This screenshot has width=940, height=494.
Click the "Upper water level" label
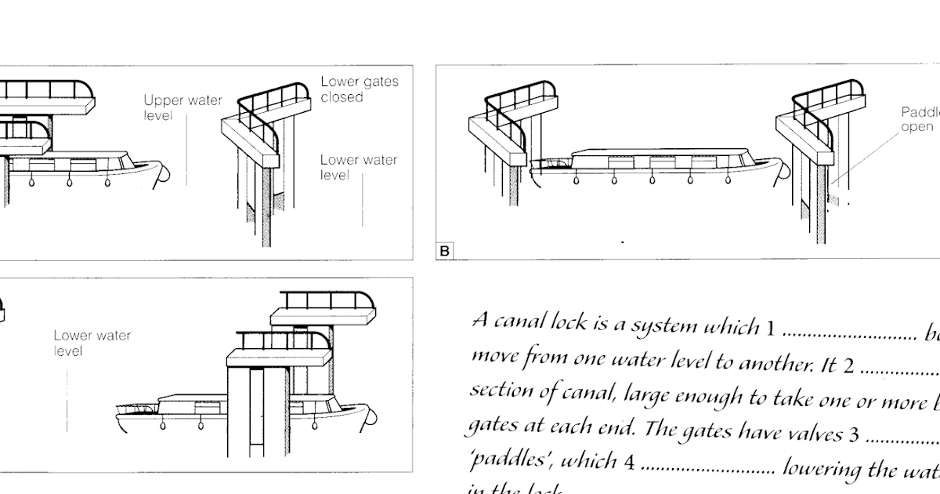[x=183, y=108]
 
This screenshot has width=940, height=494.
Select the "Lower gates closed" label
[x=359, y=89]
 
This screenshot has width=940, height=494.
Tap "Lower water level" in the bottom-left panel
[x=92, y=343]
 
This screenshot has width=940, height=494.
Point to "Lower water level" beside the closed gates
[x=358, y=167]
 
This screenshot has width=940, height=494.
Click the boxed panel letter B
[x=445, y=252]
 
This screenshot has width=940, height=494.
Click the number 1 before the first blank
[x=770, y=328]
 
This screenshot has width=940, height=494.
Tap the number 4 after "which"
[x=628, y=463]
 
